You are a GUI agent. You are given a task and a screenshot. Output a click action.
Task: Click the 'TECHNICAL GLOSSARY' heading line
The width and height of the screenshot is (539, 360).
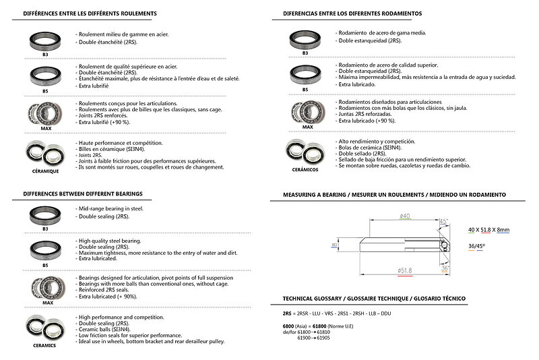(x=373, y=298)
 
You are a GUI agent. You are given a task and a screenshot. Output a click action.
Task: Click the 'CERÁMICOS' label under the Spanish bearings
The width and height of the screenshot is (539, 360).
(x=305, y=170)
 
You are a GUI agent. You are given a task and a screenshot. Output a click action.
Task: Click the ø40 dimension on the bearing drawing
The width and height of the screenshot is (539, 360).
(x=405, y=216)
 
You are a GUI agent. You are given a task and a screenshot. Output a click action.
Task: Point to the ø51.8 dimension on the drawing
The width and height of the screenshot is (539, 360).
(x=406, y=270)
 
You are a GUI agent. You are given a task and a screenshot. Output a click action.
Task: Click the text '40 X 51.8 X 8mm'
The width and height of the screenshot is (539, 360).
(x=488, y=230)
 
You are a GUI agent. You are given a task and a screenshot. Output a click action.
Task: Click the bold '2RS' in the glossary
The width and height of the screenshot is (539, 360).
(x=288, y=314)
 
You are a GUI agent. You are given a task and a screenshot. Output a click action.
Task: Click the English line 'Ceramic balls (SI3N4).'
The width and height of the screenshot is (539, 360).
(x=111, y=328)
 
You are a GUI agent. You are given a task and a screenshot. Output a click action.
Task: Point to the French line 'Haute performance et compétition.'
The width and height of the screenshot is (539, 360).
(x=121, y=144)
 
